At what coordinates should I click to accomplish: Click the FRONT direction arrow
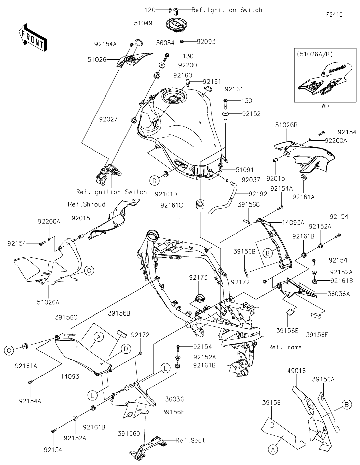click(32, 37)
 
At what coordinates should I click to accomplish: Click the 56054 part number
click(165, 43)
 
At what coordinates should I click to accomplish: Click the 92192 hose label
click(258, 194)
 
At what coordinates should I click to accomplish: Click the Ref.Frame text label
click(285, 347)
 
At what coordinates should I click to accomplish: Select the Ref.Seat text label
click(190, 440)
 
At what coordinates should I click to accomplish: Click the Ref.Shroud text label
click(86, 204)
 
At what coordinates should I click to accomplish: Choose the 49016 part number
click(297, 371)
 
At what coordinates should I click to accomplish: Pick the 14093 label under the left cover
click(70, 376)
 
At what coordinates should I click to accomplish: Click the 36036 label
click(174, 399)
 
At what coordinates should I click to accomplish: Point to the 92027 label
click(108, 119)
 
